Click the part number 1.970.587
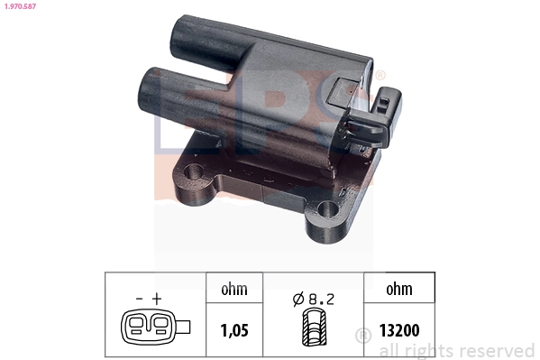point(22,7)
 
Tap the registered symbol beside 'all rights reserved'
point(363,336)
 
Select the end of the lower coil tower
point(149,88)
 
